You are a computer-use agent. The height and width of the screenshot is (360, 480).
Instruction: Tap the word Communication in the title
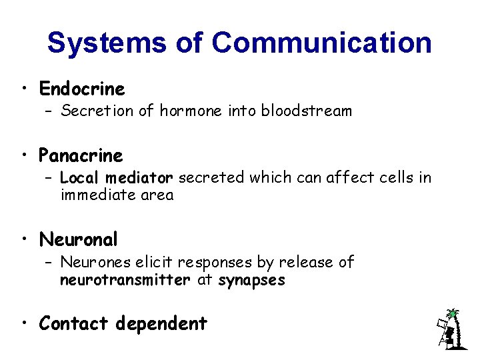tap(321, 43)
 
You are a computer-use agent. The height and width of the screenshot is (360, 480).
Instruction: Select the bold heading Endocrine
tap(82, 89)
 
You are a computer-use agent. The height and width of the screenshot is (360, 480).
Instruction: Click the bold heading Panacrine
tap(81, 156)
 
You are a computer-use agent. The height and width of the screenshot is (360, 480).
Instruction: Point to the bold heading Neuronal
tap(78, 239)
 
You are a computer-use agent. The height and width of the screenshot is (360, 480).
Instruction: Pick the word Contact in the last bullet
tap(73, 324)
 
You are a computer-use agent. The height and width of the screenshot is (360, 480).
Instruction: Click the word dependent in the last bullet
tap(161, 324)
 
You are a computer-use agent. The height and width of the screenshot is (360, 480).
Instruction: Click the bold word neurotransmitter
tap(125, 280)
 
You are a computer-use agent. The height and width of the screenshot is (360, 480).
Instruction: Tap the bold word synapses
tap(251, 280)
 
